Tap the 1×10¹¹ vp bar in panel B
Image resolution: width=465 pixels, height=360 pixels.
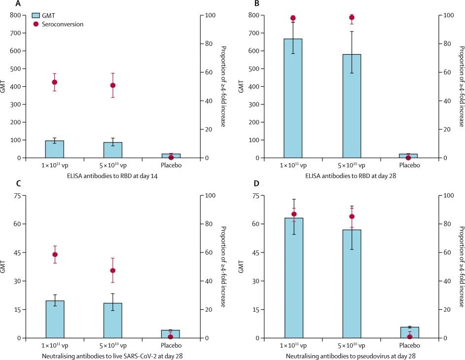293,98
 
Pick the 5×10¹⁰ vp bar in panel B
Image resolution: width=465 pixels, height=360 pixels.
351,106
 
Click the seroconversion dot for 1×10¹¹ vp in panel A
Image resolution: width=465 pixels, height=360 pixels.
55,82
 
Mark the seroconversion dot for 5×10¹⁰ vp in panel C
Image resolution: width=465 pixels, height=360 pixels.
113,270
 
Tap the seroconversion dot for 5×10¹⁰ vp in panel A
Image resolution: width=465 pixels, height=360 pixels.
113,85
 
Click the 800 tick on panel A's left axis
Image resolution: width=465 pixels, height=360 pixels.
18,15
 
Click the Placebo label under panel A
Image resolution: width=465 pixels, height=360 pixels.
171,165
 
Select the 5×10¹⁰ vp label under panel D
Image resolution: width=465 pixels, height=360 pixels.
351,345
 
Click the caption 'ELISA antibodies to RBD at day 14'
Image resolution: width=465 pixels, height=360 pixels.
113,176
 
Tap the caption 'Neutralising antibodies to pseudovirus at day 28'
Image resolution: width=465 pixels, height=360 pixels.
351,356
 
